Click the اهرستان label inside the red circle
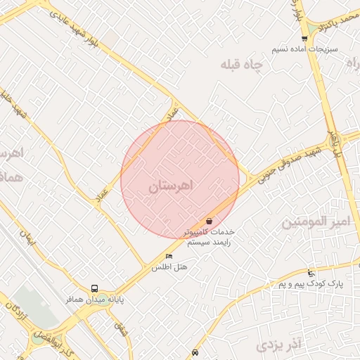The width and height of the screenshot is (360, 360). tap(171, 187)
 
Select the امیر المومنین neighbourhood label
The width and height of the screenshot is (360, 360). tap(315, 222)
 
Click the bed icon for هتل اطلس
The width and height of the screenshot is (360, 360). tap(168, 257)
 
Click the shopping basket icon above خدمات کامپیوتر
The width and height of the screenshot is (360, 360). tap(210, 221)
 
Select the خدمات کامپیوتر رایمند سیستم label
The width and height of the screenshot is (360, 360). tap(209, 236)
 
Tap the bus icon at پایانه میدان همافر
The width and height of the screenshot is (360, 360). tap(95, 288)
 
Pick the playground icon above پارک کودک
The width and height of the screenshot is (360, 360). tap(311, 273)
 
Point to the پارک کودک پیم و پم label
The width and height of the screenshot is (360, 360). tap(310, 284)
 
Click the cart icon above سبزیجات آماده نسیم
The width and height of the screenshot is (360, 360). tap(304, 39)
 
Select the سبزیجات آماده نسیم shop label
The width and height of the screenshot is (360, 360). tap(306, 50)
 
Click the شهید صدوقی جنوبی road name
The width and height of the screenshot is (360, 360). tap(289, 164)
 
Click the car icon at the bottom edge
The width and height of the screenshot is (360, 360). tap(195, 353)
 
